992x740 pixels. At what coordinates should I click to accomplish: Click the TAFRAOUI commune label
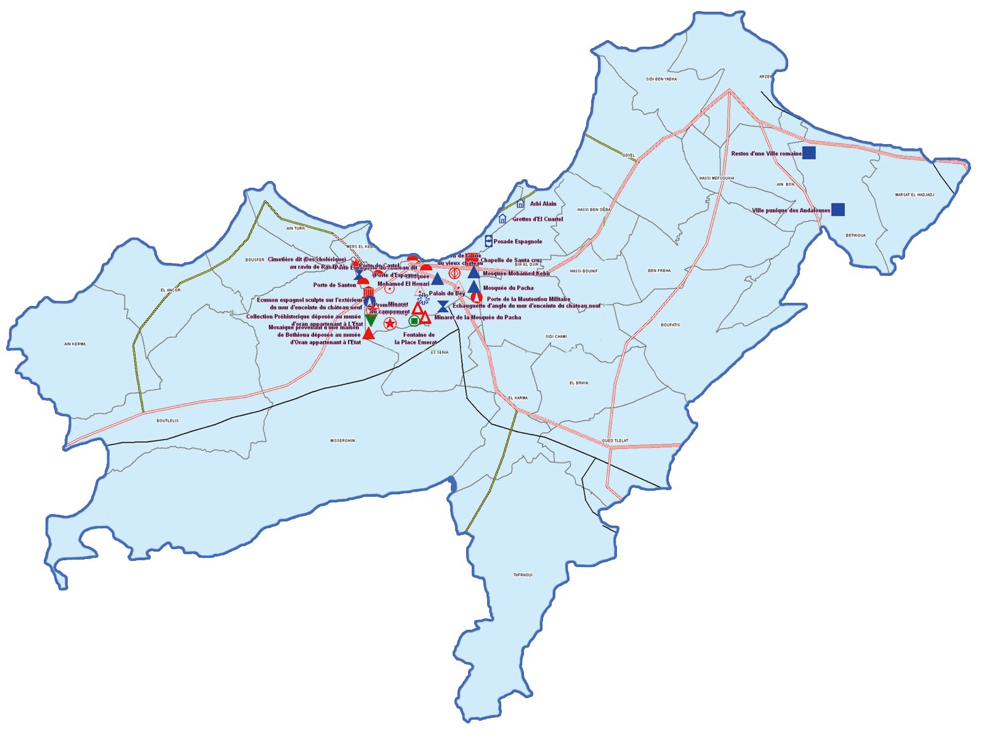pyautogui.click(x=523, y=575)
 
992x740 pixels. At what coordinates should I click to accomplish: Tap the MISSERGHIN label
pyautogui.click(x=342, y=441)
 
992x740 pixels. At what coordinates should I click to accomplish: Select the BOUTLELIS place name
pyautogui.click(x=167, y=420)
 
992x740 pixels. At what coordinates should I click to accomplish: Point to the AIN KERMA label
pyautogui.click(x=75, y=344)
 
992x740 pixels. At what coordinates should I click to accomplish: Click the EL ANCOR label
pyautogui.click(x=171, y=290)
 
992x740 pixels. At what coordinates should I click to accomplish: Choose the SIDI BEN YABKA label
pyautogui.click(x=661, y=79)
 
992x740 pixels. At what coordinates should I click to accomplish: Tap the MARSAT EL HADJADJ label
pyautogui.click(x=914, y=195)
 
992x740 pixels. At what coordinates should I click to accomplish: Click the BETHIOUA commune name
pyautogui.click(x=855, y=235)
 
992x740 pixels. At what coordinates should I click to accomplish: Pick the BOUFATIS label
pyautogui.click(x=671, y=325)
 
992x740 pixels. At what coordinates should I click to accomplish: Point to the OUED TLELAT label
pyautogui.click(x=615, y=441)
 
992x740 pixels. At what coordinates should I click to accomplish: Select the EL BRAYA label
pyautogui.click(x=579, y=383)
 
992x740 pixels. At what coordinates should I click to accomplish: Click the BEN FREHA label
pyautogui.click(x=659, y=271)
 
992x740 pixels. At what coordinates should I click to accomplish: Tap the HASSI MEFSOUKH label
pyautogui.click(x=717, y=179)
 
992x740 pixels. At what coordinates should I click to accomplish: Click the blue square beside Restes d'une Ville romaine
pyautogui.click(x=809, y=153)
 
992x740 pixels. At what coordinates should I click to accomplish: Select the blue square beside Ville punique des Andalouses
pyautogui.click(x=838, y=210)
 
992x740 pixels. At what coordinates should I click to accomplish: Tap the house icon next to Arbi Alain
pyautogui.click(x=520, y=204)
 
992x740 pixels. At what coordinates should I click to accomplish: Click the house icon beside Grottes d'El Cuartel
pyautogui.click(x=502, y=219)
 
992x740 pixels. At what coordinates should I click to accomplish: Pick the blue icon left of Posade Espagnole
pyautogui.click(x=488, y=241)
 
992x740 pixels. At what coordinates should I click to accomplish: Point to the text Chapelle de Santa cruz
pyautogui.click(x=511, y=260)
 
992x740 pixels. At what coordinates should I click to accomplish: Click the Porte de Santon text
pyautogui.click(x=334, y=285)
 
